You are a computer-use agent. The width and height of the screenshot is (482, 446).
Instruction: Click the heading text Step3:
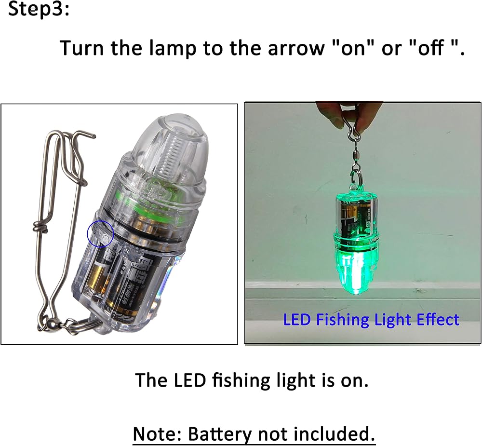pyautogui.click(x=39, y=10)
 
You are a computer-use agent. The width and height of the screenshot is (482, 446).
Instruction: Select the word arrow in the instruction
pyautogui.click(x=296, y=49)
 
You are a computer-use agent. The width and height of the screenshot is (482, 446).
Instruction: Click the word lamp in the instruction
pyautogui.click(x=173, y=48)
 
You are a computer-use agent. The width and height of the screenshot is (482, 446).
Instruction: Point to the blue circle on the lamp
pyautogui.click(x=101, y=234)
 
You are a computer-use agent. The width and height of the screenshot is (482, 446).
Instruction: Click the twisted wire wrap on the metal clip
pyautogui.click(x=40, y=227)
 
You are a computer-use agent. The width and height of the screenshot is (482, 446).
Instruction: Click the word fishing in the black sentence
pyautogui.click(x=241, y=381)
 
